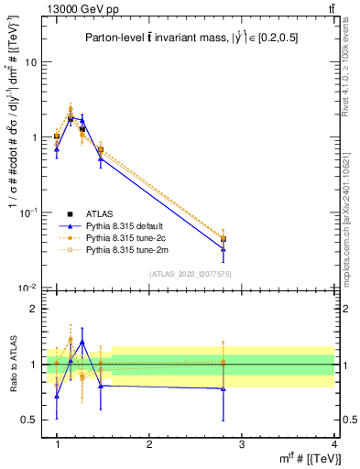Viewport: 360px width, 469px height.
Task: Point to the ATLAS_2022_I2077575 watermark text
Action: coord(191,274)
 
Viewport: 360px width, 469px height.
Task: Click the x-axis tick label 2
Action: coord(149,443)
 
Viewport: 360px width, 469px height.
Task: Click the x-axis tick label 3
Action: coord(242,443)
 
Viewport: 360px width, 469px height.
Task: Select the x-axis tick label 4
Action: coord(333,443)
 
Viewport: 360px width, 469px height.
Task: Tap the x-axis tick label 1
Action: coord(57,443)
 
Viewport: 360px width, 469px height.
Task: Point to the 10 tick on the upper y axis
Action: coord(31,62)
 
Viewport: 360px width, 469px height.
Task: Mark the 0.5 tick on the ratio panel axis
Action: coord(29,420)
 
